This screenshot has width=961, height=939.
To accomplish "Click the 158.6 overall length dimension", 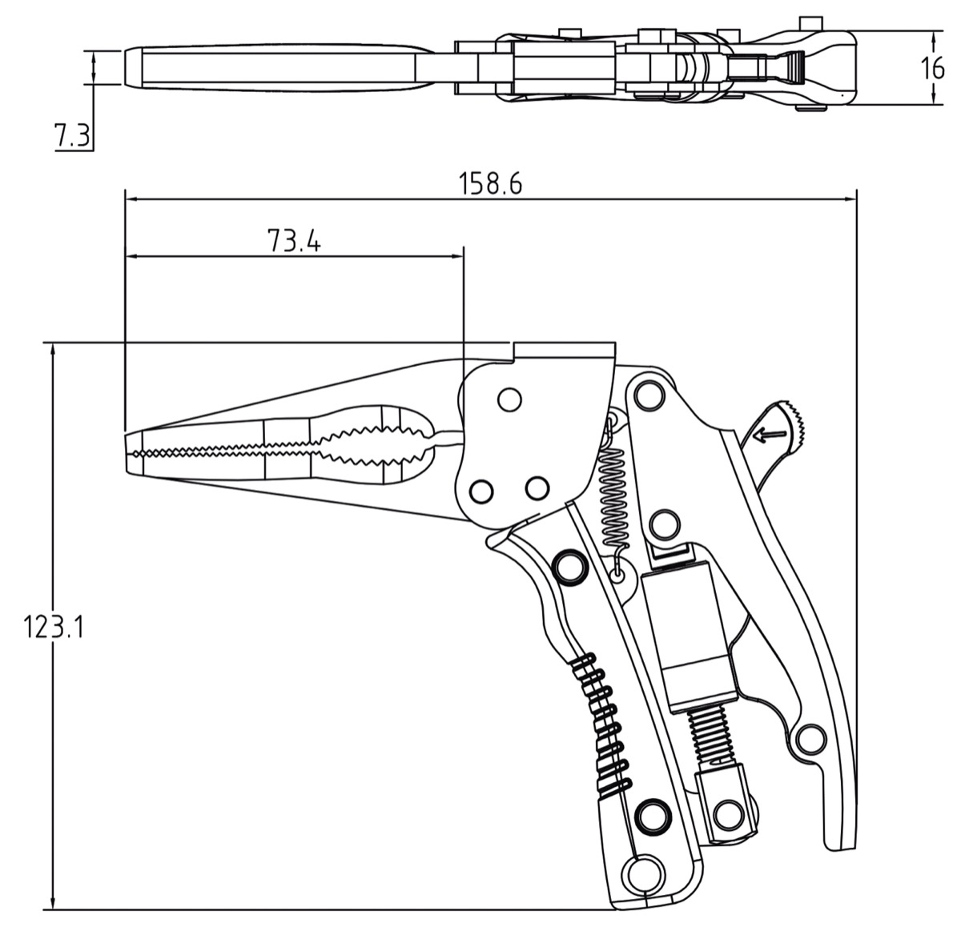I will pos(490,184).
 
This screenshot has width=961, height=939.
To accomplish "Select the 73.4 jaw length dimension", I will pos(294,241).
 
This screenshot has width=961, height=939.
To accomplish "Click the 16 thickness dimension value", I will pos(933,68).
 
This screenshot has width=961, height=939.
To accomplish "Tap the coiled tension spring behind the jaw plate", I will pos(613,496).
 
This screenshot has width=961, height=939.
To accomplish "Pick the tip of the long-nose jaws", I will pos(130,452).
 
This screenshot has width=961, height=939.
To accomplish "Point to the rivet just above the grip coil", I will pos(569,566).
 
